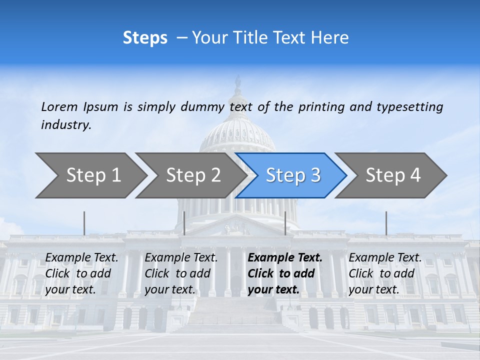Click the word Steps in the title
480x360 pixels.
145,38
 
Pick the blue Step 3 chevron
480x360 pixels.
291,175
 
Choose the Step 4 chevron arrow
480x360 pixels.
391,175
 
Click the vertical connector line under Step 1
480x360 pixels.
84,223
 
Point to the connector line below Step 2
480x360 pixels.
184,223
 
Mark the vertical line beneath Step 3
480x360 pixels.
285,223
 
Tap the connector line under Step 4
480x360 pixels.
386,223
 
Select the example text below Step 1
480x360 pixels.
81,273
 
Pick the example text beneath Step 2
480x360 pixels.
181,273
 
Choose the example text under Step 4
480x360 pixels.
385,273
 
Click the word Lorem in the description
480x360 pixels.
59,106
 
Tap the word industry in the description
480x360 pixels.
66,124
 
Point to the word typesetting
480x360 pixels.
409,107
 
